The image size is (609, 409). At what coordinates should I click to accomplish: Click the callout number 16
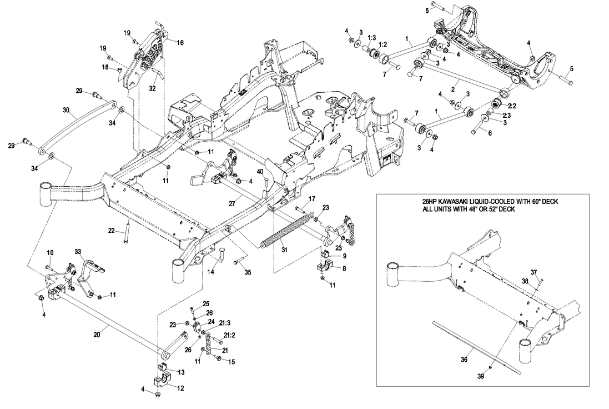point(180,42)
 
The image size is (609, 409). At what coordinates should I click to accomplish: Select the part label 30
point(67,110)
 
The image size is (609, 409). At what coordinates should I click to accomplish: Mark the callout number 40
point(260,171)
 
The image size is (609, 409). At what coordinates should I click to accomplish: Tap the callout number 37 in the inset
point(534,272)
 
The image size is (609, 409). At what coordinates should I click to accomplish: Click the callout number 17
point(311,199)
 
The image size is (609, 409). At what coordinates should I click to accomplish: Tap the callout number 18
point(104,67)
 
